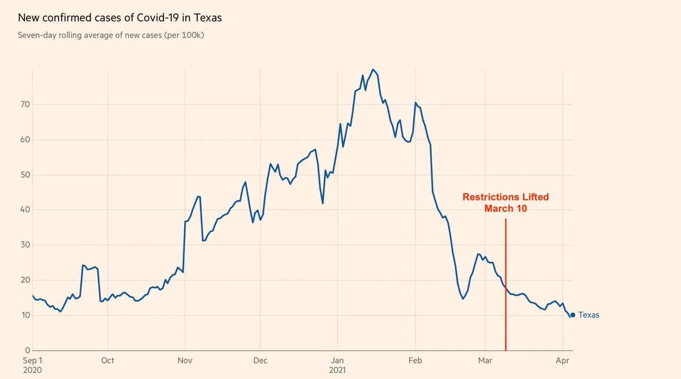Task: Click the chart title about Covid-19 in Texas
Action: pos(120,18)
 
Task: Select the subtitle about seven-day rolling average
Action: pos(111,35)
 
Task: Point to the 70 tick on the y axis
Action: pos(25,104)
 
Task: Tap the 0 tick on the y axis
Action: pos(28,350)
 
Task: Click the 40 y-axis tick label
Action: pos(25,210)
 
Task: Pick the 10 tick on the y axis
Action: pos(25,315)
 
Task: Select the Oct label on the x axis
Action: pos(108,361)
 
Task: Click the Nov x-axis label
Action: pos(185,361)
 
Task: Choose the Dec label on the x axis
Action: pos(260,361)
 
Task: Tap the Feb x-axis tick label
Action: pos(415,361)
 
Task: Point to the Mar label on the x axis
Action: pos(485,361)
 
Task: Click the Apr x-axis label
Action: pos(562,361)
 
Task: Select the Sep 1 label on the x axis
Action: pos(32,361)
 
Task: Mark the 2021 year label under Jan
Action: pos(337,370)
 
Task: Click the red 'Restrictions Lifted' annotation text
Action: pos(506,197)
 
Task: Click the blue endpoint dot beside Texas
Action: pos(572,315)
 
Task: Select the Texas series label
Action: pos(589,315)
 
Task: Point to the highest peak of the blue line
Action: pos(372,69)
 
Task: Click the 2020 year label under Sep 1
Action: pos(32,370)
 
